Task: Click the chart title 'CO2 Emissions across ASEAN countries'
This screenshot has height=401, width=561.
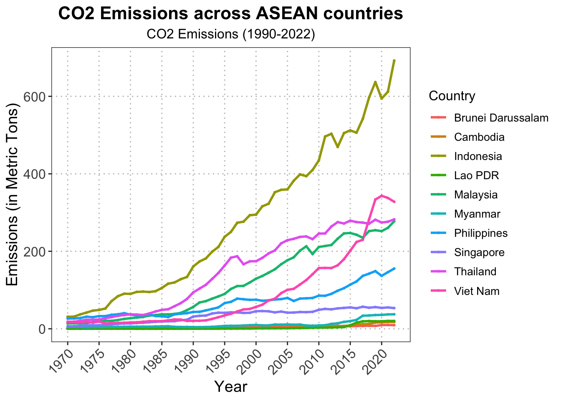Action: click(x=230, y=14)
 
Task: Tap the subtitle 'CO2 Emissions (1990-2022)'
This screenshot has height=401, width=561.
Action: click(x=230, y=34)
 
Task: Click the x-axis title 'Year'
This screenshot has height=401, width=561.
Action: click(x=230, y=387)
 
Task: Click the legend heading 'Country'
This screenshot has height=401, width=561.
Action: click(x=452, y=96)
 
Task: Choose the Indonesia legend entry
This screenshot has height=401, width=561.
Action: click(x=478, y=157)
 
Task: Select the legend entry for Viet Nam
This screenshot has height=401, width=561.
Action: click(x=477, y=291)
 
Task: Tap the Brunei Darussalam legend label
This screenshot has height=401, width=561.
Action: click(x=501, y=118)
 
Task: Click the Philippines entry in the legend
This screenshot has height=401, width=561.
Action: click(x=481, y=233)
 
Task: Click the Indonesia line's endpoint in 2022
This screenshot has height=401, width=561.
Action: click(x=394, y=61)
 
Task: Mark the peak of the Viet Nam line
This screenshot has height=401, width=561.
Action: click(x=382, y=195)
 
